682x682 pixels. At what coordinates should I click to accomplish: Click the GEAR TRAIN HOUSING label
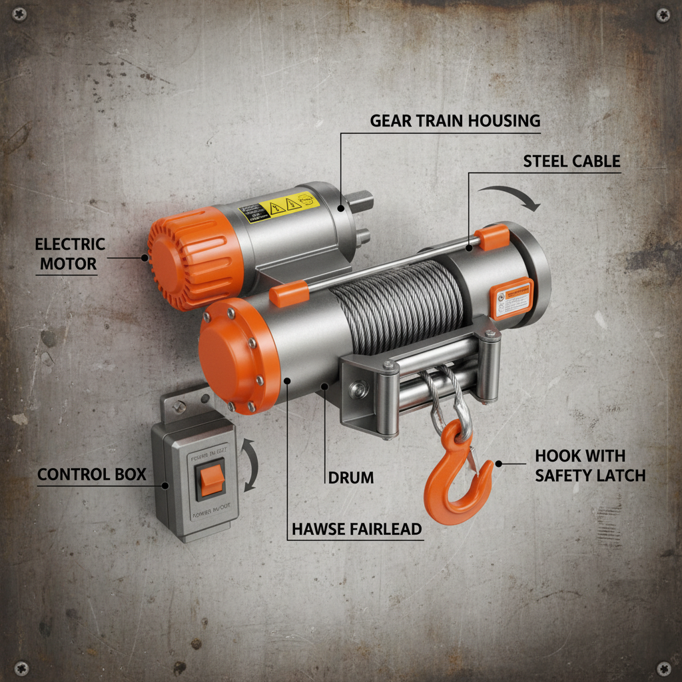pos(455,121)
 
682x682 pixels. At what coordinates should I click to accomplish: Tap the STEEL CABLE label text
pos(571,161)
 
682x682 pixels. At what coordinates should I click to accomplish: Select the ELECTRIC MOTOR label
pos(70,254)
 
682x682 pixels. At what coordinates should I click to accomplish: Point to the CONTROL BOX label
pos(91,474)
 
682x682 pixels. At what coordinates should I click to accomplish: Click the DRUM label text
pos(351,478)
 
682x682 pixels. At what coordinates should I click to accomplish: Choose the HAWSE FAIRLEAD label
pos(357,529)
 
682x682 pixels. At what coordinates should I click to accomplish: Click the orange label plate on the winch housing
pos(511,298)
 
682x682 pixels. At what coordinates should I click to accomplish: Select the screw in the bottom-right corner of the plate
pos(663,667)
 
